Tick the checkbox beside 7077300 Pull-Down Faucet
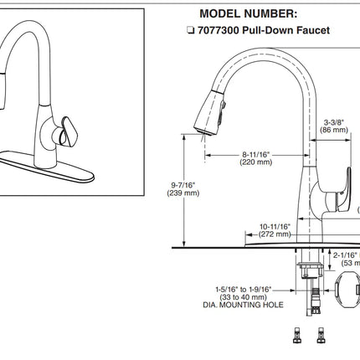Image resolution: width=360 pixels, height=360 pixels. tap(191, 30)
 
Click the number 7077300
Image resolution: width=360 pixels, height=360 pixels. tap(219, 30)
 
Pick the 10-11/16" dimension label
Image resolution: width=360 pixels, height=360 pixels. tap(274, 226)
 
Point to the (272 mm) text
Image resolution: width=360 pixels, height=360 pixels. tap(274, 235)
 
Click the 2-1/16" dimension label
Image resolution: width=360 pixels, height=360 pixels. tap(345, 255)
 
